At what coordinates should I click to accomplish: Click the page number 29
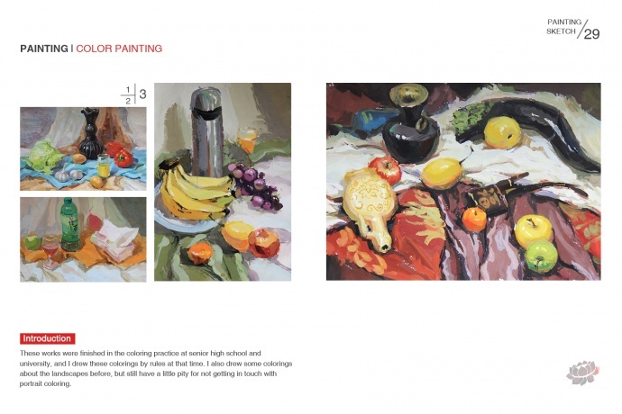click(592, 34)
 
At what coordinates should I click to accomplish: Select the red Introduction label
click(47, 338)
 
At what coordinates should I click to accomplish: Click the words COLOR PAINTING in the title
click(119, 49)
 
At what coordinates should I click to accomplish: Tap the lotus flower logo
click(582, 373)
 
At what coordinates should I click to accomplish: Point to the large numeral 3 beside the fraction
click(142, 94)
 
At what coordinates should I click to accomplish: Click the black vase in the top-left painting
click(90, 134)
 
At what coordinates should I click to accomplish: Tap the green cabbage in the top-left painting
click(43, 157)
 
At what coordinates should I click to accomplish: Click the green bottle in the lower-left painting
click(70, 224)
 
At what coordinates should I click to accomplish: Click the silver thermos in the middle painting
click(206, 133)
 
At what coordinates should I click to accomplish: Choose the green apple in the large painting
click(541, 256)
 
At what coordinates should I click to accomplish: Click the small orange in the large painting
click(474, 219)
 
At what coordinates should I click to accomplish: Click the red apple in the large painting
click(385, 169)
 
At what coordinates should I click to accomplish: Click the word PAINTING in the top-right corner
click(564, 22)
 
